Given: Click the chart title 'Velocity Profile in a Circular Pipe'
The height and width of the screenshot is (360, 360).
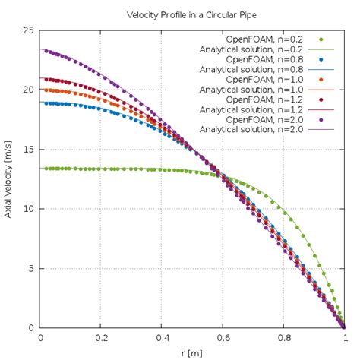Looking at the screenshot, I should [179, 15].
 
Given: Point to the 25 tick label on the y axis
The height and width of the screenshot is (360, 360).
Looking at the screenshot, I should [28, 30].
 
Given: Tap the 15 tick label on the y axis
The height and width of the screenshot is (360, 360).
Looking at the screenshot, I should [28, 150].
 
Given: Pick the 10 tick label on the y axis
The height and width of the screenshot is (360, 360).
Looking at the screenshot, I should [28, 209].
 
